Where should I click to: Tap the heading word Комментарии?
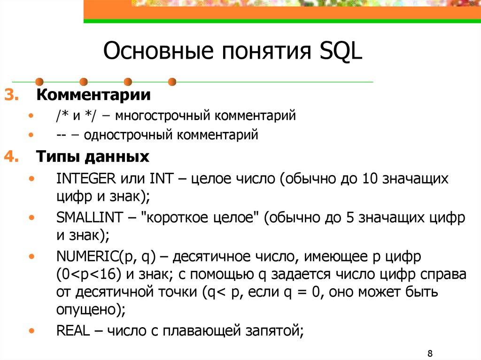pos(94,95)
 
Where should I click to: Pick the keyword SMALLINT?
pos(88,218)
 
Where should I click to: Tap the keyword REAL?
pos(72,330)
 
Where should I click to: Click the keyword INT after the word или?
pos(162,179)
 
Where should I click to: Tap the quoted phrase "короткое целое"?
pos(200,218)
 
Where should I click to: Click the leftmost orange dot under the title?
pos(40,82)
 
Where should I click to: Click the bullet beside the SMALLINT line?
pos(31,218)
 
